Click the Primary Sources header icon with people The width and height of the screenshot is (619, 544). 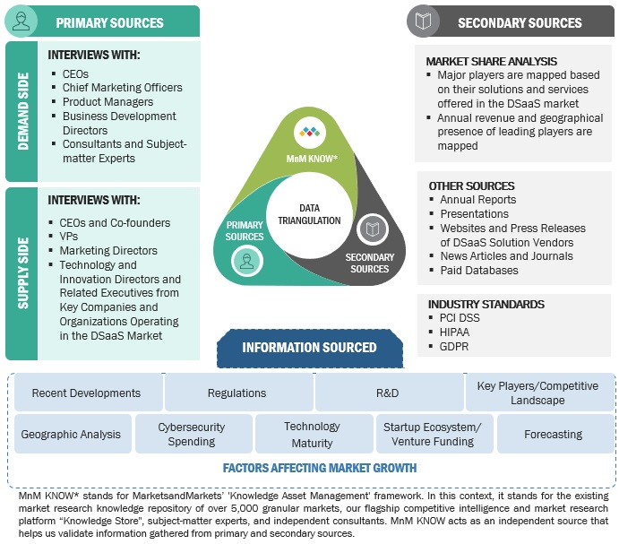click(21, 22)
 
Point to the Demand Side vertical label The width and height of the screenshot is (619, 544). click(22, 111)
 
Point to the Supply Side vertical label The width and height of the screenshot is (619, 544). click(22, 273)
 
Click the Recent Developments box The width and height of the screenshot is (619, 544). click(86, 393)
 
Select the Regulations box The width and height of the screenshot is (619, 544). click(236, 393)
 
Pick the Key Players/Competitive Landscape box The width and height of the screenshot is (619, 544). click(537, 393)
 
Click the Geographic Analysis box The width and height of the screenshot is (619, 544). click(70, 434)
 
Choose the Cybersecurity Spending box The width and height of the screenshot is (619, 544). click(192, 434)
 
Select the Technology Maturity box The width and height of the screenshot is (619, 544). click(313, 434)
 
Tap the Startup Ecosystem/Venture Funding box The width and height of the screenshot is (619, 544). click(434, 434)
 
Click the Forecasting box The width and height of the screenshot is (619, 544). click(553, 434)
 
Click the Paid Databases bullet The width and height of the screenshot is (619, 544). click(479, 270)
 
